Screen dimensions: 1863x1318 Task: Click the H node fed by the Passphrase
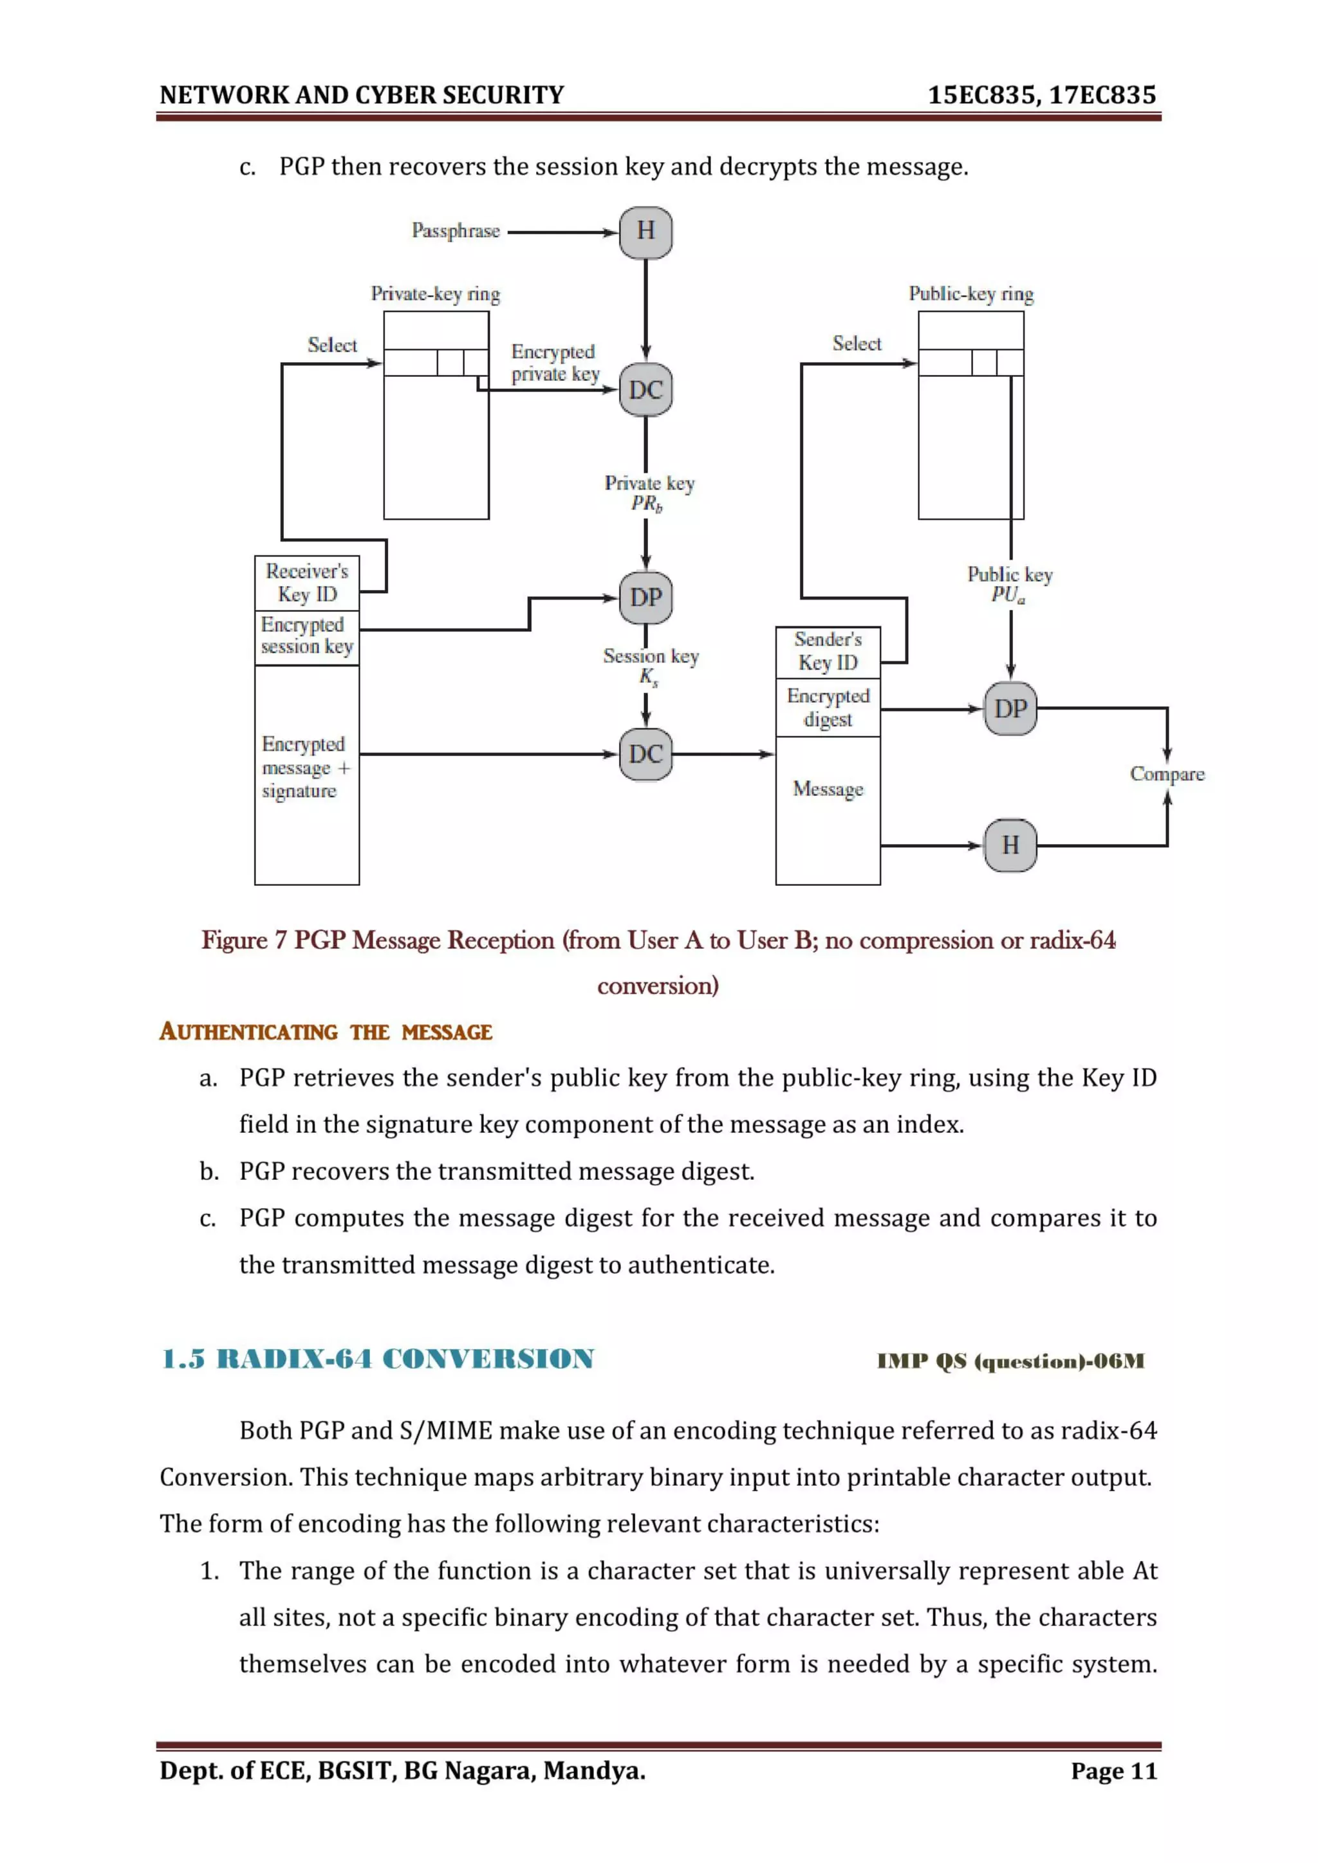click(x=645, y=232)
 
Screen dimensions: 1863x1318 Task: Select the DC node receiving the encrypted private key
click(x=645, y=390)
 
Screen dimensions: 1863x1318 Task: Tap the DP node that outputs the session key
click(x=645, y=598)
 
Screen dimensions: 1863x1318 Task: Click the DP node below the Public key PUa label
click(x=1010, y=709)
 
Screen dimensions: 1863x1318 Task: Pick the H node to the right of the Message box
click(x=1010, y=845)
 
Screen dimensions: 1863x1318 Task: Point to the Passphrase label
click(x=455, y=231)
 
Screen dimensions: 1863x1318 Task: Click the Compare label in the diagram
click(x=1166, y=774)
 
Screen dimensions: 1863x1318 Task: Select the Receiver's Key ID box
click(x=307, y=583)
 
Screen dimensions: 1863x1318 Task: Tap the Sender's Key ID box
click(x=828, y=652)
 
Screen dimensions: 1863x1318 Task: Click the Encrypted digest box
click(x=828, y=708)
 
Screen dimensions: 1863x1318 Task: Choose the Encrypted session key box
click(x=307, y=636)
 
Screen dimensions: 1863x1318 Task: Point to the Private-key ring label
click(x=435, y=294)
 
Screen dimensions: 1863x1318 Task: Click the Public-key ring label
click(x=970, y=294)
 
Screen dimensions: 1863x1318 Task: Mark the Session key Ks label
click(x=650, y=665)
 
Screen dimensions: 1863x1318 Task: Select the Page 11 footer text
click(x=1113, y=1770)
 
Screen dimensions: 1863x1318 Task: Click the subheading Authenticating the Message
click(x=326, y=1032)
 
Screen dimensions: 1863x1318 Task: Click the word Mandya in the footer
click(x=593, y=1770)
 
